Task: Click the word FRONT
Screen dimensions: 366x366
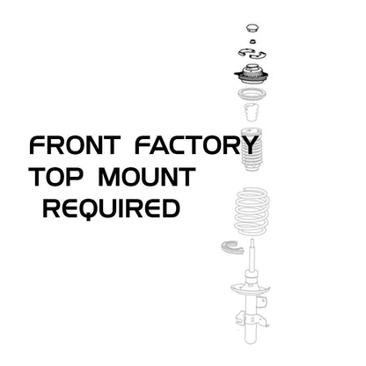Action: [75, 145]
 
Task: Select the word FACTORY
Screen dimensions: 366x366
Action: [196, 144]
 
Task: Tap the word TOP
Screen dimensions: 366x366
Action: [55, 177]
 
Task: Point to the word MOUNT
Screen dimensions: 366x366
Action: [147, 177]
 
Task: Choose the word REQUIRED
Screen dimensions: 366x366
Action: [112, 209]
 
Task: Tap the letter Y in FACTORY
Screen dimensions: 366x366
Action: [249, 144]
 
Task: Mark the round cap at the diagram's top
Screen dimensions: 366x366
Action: [253, 29]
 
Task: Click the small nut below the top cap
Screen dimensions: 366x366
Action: [253, 41]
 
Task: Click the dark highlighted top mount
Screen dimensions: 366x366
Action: [252, 75]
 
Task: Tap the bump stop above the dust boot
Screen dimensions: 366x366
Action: [251, 112]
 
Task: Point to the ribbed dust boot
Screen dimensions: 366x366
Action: [251, 150]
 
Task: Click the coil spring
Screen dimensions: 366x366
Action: [252, 211]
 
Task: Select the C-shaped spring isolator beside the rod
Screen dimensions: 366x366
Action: [231, 249]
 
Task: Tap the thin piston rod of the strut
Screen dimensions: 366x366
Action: [252, 255]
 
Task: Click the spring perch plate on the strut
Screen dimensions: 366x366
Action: [251, 289]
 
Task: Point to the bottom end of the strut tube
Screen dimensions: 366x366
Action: [252, 342]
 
